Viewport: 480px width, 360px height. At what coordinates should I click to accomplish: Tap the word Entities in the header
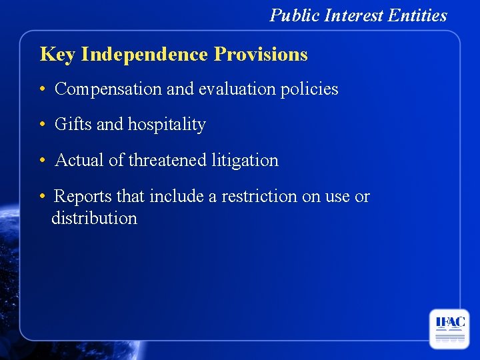point(418,15)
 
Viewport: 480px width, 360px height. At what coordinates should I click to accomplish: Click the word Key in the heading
point(57,55)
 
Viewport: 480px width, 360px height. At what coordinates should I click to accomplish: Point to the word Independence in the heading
point(145,54)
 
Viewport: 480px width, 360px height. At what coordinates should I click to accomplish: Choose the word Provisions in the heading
point(261,54)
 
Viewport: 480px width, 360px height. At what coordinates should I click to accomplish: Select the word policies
point(310,89)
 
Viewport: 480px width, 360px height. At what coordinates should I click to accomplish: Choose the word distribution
point(94,219)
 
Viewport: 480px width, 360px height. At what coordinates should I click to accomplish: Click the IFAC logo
point(449,329)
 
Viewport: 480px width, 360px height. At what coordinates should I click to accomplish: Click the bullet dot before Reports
point(42,197)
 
